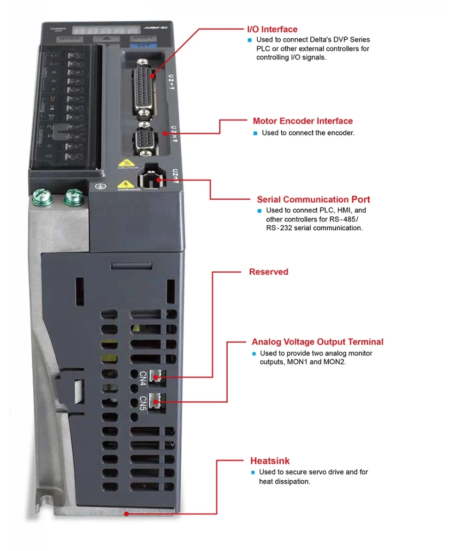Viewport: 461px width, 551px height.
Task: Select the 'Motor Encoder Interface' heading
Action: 302,121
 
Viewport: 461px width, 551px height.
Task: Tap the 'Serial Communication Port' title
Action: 313,199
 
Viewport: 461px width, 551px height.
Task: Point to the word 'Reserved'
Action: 268,272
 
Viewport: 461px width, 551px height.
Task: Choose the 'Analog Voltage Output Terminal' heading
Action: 317,342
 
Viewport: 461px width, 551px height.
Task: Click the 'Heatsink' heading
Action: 270,461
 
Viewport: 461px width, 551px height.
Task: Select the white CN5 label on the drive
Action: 143,402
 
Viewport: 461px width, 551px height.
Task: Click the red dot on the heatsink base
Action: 126,513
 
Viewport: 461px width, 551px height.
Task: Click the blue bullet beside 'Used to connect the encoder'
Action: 255,133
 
